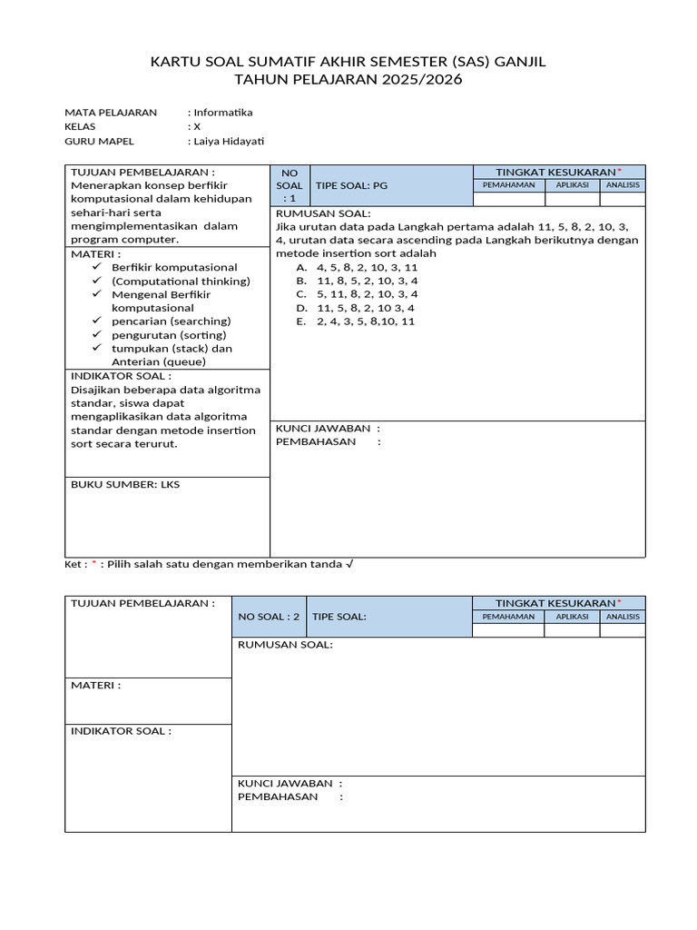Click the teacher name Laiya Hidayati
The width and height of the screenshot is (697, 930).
point(229,141)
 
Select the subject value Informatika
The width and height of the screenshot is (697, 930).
point(223,113)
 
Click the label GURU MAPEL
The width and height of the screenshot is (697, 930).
point(99,141)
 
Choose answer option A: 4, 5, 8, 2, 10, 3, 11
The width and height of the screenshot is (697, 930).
point(367,268)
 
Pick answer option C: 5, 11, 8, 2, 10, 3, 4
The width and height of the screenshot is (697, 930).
point(367,294)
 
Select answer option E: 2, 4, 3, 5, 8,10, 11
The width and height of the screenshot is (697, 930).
point(365,322)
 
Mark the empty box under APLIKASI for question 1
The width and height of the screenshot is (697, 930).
point(573,199)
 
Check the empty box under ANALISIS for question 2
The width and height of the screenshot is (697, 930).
point(623,630)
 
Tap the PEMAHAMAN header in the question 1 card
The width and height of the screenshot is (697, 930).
point(508,185)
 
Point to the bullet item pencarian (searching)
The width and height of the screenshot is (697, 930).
point(171,322)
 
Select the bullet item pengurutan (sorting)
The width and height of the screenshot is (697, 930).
point(169,335)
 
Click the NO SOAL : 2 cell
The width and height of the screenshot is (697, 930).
point(269,617)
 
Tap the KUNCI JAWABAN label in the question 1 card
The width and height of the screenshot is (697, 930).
point(328,428)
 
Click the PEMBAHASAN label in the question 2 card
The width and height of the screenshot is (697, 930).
point(279,796)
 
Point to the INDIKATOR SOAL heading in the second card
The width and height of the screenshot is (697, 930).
point(121,731)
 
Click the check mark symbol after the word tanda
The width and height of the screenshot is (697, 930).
point(350,564)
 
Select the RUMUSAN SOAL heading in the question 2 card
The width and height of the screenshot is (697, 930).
point(285,645)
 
